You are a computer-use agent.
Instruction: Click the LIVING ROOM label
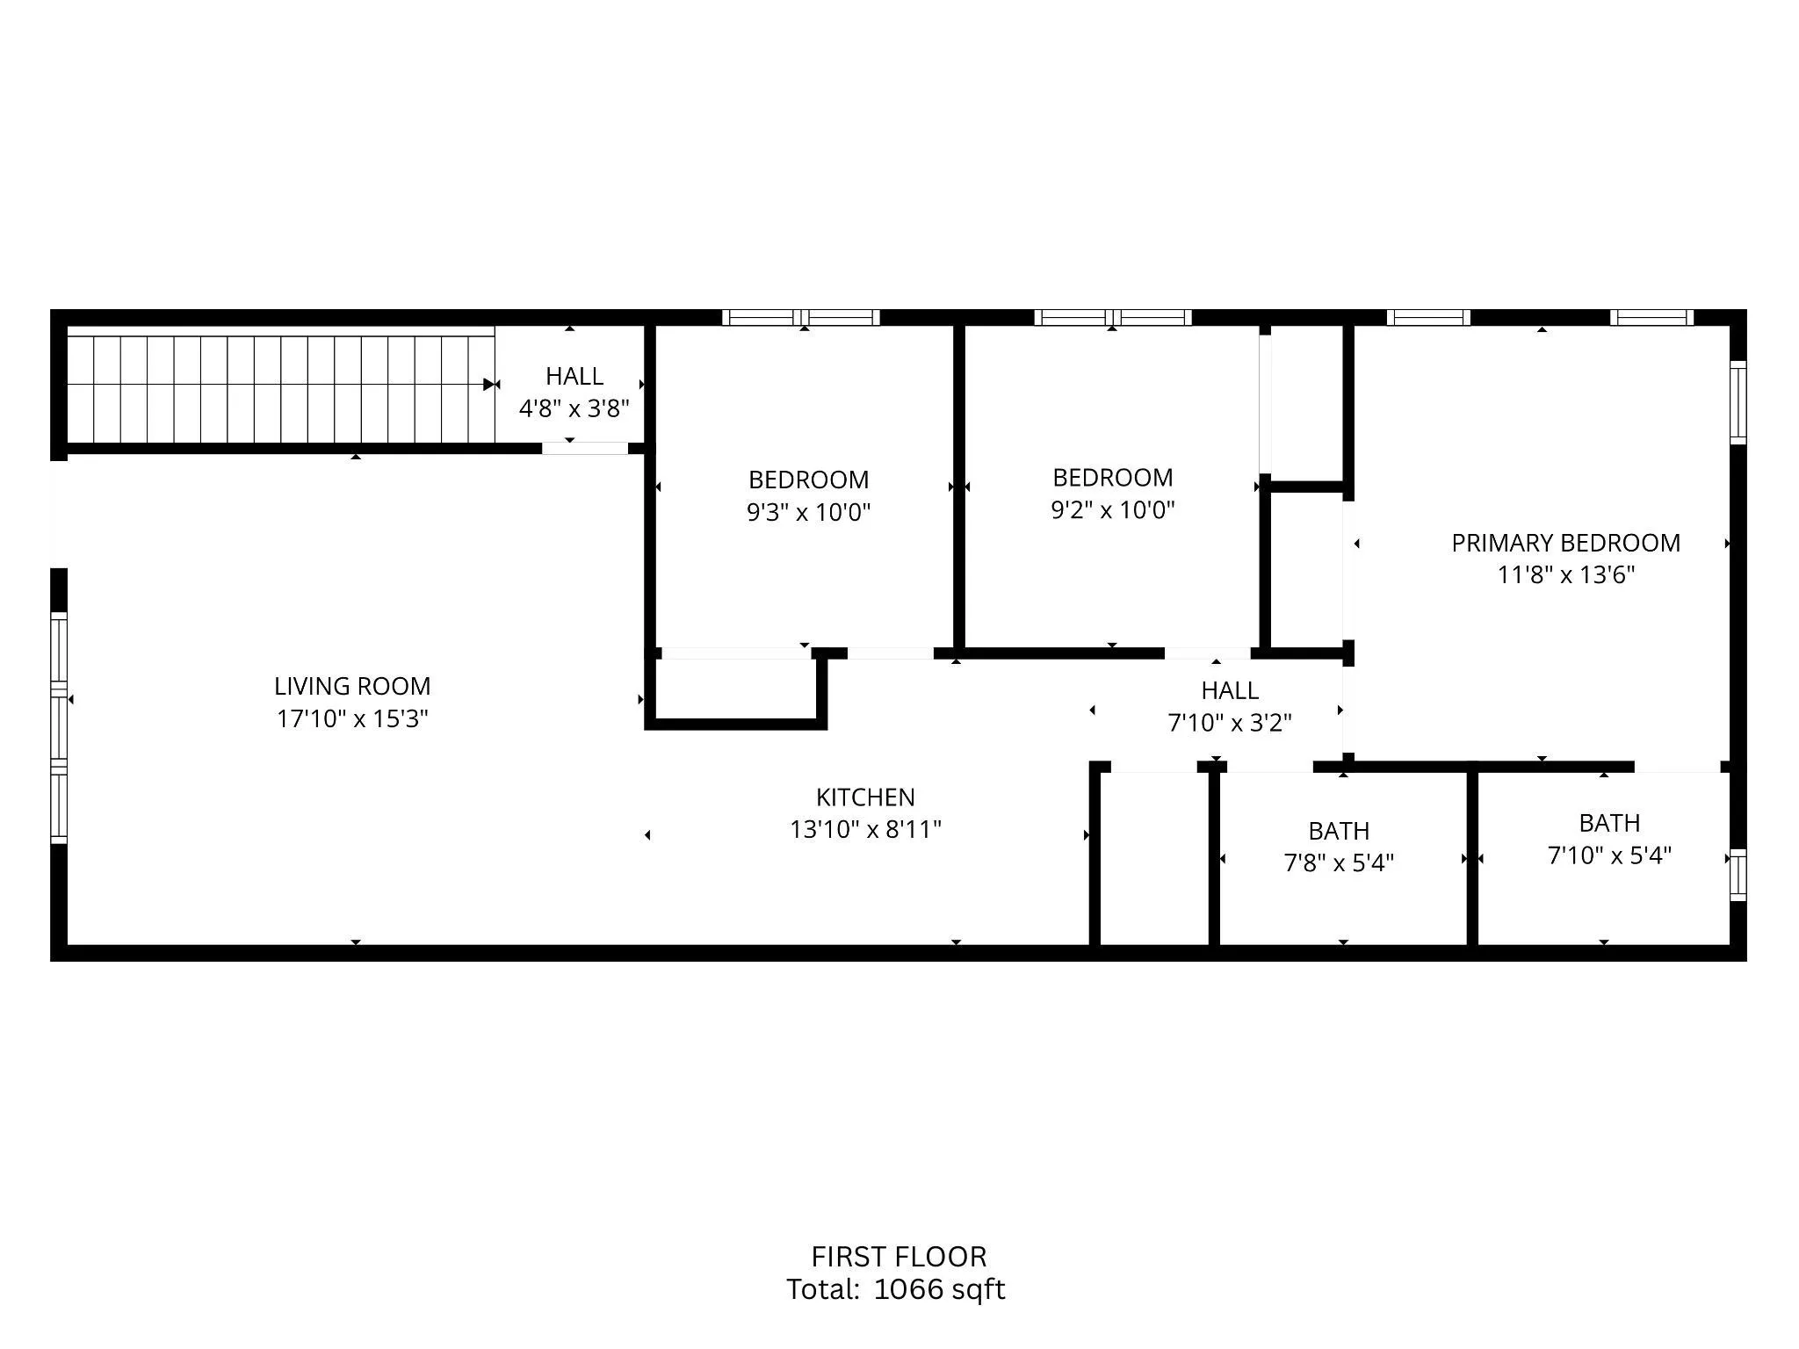pyautogui.click(x=352, y=686)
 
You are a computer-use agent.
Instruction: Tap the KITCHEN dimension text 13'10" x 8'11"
pyautogui.click(x=865, y=829)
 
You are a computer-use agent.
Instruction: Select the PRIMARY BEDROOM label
pyautogui.click(x=1565, y=543)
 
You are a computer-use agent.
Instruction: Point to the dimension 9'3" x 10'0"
pyautogui.click(x=808, y=512)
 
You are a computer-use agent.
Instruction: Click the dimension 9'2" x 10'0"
pyautogui.click(x=1112, y=510)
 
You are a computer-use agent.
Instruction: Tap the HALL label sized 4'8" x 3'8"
pyautogui.click(x=574, y=376)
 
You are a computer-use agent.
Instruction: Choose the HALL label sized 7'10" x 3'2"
pyautogui.click(x=1229, y=690)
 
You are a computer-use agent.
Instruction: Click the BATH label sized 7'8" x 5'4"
pyautogui.click(x=1339, y=831)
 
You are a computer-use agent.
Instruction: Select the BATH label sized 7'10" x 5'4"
pyautogui.click(x=1609, y=823)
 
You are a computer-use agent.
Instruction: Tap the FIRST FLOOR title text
pyautogui.click(x=899, y=1257)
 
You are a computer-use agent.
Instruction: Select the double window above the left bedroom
pyautogui.click(x=801, y=318)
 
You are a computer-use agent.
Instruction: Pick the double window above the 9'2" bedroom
pyautogui.click(x=1112, y=318)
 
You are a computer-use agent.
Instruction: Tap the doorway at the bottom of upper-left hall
pyautogui.click(x=584, y=448)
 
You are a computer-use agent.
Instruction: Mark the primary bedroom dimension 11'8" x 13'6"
pyautogui.click(x=1565, y=575)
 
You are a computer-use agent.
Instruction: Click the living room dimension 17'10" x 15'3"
pyautogui.click(x=352, y=718)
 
